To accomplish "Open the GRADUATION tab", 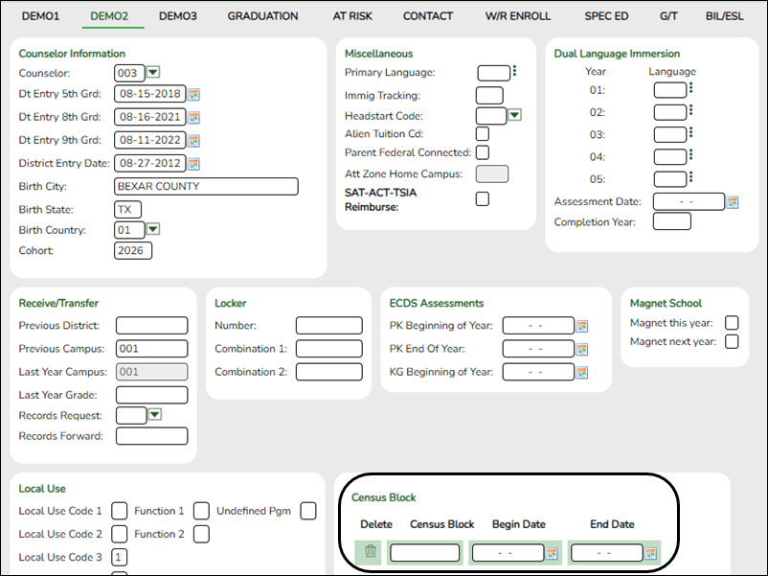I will [x=262, y=16].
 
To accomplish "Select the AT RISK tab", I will [x=353, y=16].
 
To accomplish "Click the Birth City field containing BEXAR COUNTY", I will [x=206, y=187].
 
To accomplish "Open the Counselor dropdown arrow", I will [x=153, y=73].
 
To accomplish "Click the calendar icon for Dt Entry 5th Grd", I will [x=193, y=95].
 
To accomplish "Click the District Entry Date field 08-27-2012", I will [x=148, y=164].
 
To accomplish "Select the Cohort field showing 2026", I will [x=133, y=251].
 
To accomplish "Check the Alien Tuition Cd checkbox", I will [x=483, y=134].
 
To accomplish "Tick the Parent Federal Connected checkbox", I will [x=483, y=152].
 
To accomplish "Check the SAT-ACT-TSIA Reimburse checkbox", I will [x=483, y=198].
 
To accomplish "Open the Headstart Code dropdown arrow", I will [x=514, y=115].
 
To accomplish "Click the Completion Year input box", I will [x=671, y=221].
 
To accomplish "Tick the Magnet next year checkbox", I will [x=733, y=341].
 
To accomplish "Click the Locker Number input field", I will [x=328, y=326].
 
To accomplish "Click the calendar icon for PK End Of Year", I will [x=581, y=349].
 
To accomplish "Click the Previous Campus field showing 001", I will [x=151, y=349].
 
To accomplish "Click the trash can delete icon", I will [x=371, y=552].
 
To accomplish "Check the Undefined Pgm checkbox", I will [x=308, y=511].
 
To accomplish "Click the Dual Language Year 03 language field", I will [x=669, y=135].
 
